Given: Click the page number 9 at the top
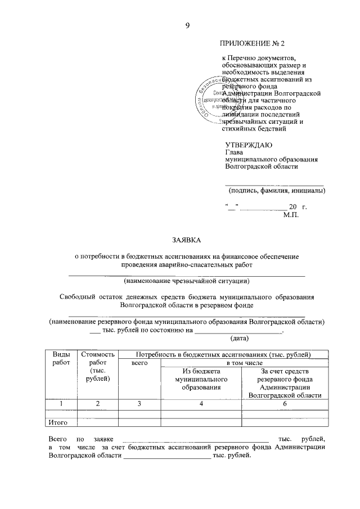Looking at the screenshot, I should click(187, 25).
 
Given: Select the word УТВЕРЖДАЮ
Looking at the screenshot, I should click(248, 145).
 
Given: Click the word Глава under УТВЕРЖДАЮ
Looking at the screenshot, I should click(234, 152).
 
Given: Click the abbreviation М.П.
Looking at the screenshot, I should click(291, 214).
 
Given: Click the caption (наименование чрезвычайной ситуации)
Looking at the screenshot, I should click(187, 280).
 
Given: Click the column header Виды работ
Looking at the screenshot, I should click(61, 358).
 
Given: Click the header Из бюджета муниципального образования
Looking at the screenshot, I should click(200, 379).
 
